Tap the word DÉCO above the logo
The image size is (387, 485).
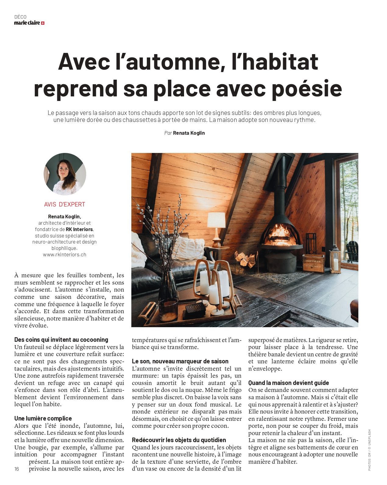point(20,17)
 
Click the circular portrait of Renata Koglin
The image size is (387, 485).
point(65,174)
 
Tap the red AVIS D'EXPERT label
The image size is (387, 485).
point(65,204)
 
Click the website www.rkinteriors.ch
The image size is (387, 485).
point(65,255)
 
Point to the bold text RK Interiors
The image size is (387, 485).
point(80,229)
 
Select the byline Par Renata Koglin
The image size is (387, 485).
point(184,133)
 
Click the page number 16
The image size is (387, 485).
point(17,469)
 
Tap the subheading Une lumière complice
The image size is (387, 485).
point(43,418)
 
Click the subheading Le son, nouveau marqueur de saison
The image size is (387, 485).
point(180,361)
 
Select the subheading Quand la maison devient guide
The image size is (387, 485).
point(289,383)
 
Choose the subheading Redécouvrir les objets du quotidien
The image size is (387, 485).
point(179,440)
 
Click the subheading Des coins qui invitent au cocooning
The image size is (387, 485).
point(61,340)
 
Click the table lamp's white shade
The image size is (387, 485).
point(216,220)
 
